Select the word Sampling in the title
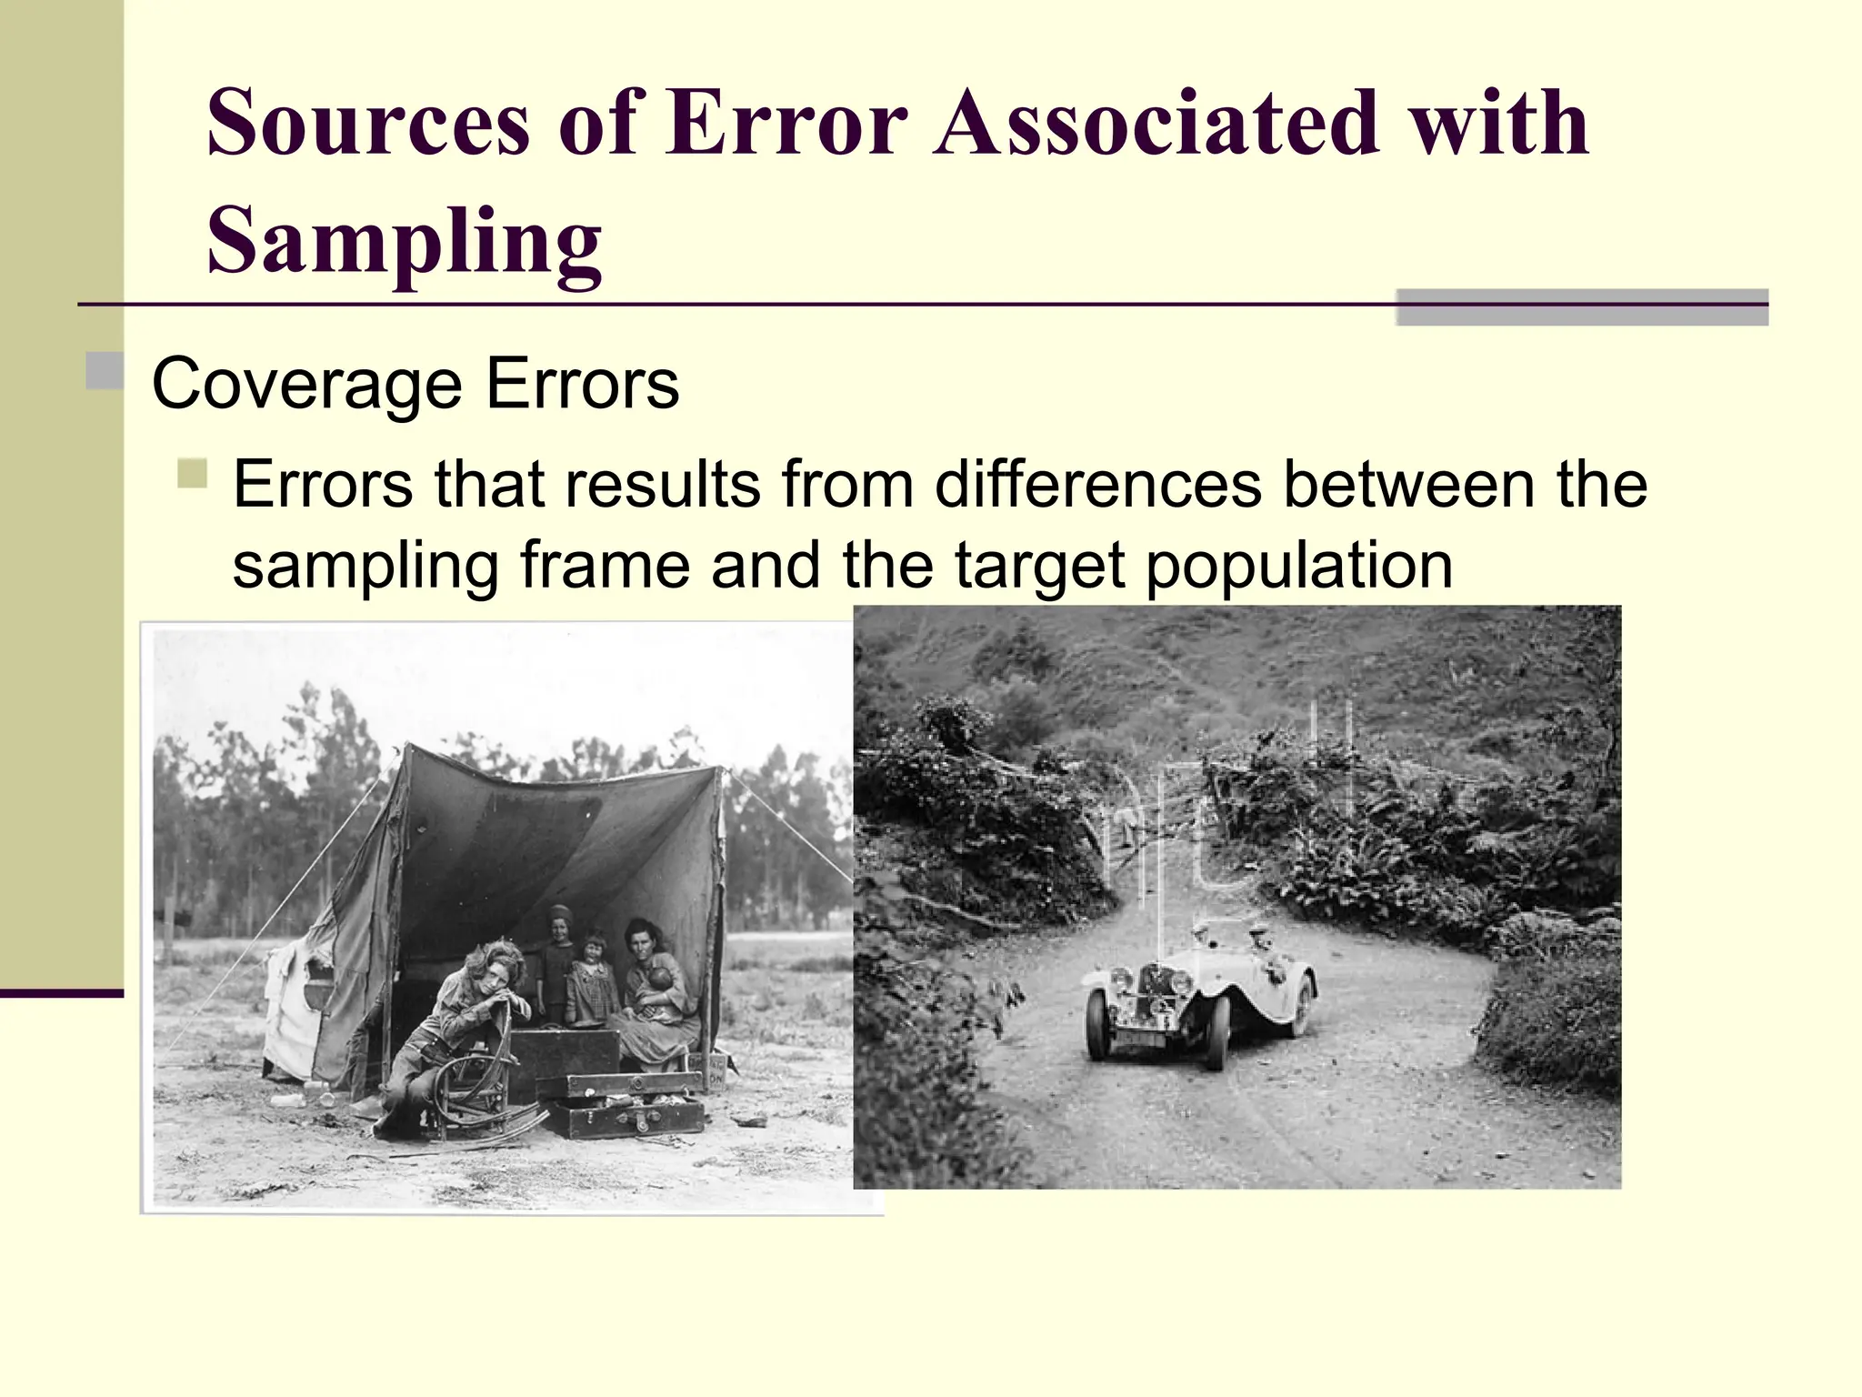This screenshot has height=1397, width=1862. (404, 241)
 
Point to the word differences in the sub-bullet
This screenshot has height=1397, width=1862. (1097, 484)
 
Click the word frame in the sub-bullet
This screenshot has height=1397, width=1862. (605, 566)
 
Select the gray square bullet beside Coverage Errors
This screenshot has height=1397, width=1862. (105, 371)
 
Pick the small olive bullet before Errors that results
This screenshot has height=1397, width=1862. (193, 474)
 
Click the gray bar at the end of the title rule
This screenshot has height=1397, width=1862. (1581, 307)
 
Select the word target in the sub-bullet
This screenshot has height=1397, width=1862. (1040, 566)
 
